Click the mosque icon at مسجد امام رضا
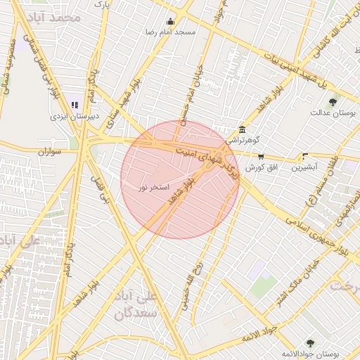pos(170,22)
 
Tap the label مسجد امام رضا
pos(171,32)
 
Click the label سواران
pos(51,151)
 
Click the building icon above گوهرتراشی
pos(242,129)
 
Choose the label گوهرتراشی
pos(243,140)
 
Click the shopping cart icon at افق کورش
pos(262,157)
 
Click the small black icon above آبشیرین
pos(304,157)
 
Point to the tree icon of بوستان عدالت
pos(333,102)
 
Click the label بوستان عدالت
pos(333,112)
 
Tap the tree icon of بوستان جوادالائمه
pos(310,343)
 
